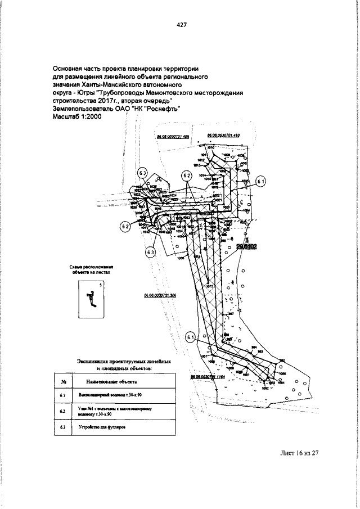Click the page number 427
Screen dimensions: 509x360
(181, 25)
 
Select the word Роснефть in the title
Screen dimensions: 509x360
(163, 110)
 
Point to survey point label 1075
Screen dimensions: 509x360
(209, 286)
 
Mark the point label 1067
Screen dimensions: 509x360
(205, 357)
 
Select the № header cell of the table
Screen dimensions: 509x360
(64, 381)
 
